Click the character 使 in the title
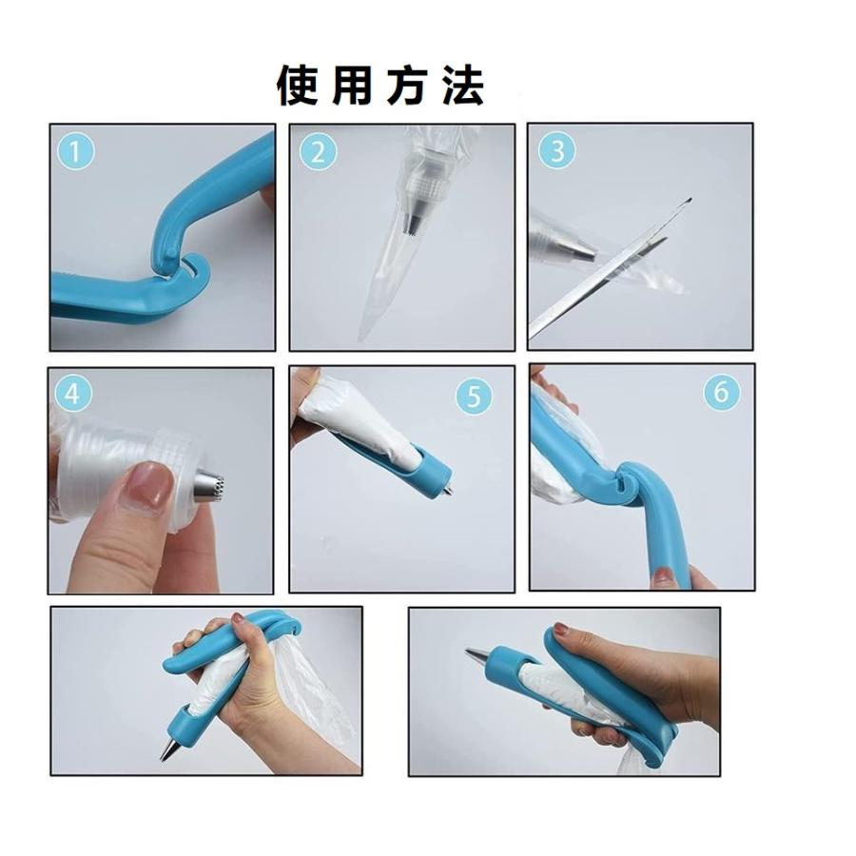click(298, 87)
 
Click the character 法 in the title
click(463, 87)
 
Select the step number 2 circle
click(319, 150)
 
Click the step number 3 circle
click(557, 150)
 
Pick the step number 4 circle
click(74, 392)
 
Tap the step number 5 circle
click(473, 396)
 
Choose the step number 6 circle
click(721, 392)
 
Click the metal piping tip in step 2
click(416, 224)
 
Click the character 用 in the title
click(352, 87)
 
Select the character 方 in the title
click(407, 87)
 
